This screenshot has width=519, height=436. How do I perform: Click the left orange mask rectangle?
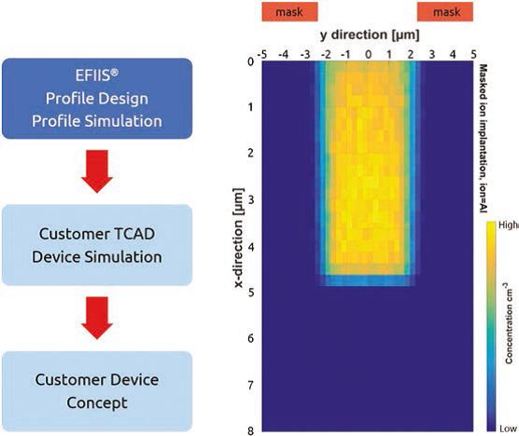pos(290,12)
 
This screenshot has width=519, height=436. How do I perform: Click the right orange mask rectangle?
pos(445,12)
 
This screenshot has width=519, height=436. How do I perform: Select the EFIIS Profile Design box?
pos(97,99)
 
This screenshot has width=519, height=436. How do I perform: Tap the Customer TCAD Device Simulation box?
pos(97,245)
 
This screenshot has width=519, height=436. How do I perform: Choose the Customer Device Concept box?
pos(97,391)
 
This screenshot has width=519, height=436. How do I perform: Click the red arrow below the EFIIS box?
pos(97,171)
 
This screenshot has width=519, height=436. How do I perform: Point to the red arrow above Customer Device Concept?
pos(97,318)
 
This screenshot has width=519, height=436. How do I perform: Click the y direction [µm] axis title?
pos(370,34)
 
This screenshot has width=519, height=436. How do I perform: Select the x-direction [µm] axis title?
pos(239,238)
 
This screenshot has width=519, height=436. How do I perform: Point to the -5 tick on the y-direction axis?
pos(262,54)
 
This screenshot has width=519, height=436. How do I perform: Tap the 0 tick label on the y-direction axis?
pos(368,54)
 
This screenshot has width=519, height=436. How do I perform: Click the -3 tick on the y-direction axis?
pos(305,54)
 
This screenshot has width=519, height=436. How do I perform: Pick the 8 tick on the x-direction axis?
pos(250,430)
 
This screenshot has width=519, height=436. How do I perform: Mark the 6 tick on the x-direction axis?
pos(250,338)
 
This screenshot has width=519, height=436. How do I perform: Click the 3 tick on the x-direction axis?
pos(250,199)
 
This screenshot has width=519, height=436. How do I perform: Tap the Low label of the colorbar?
pos(508,429)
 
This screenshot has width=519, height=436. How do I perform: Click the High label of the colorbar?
pos(509,225)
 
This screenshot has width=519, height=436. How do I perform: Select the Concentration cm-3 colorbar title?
pos(509,323)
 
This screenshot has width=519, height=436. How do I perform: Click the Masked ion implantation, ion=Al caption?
pos(484,138)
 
